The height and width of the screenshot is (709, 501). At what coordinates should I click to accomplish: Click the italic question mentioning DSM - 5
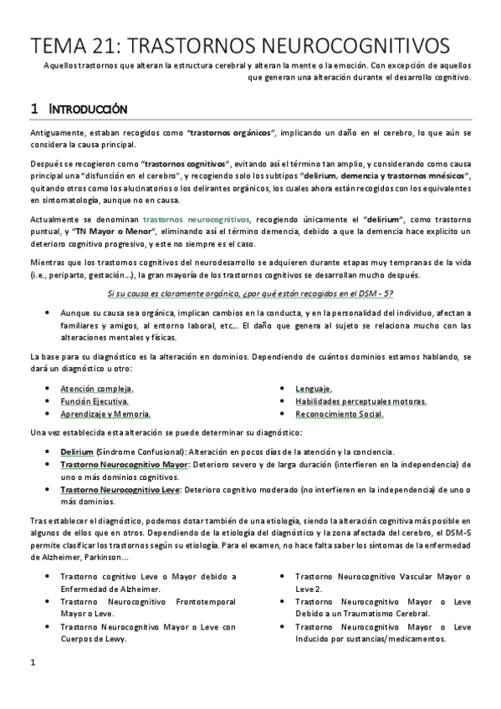(x=252, y=292)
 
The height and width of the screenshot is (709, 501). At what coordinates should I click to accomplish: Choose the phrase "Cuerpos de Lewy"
(x=93, y=640)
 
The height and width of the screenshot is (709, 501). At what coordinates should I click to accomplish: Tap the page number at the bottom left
(x=32, y=686)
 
